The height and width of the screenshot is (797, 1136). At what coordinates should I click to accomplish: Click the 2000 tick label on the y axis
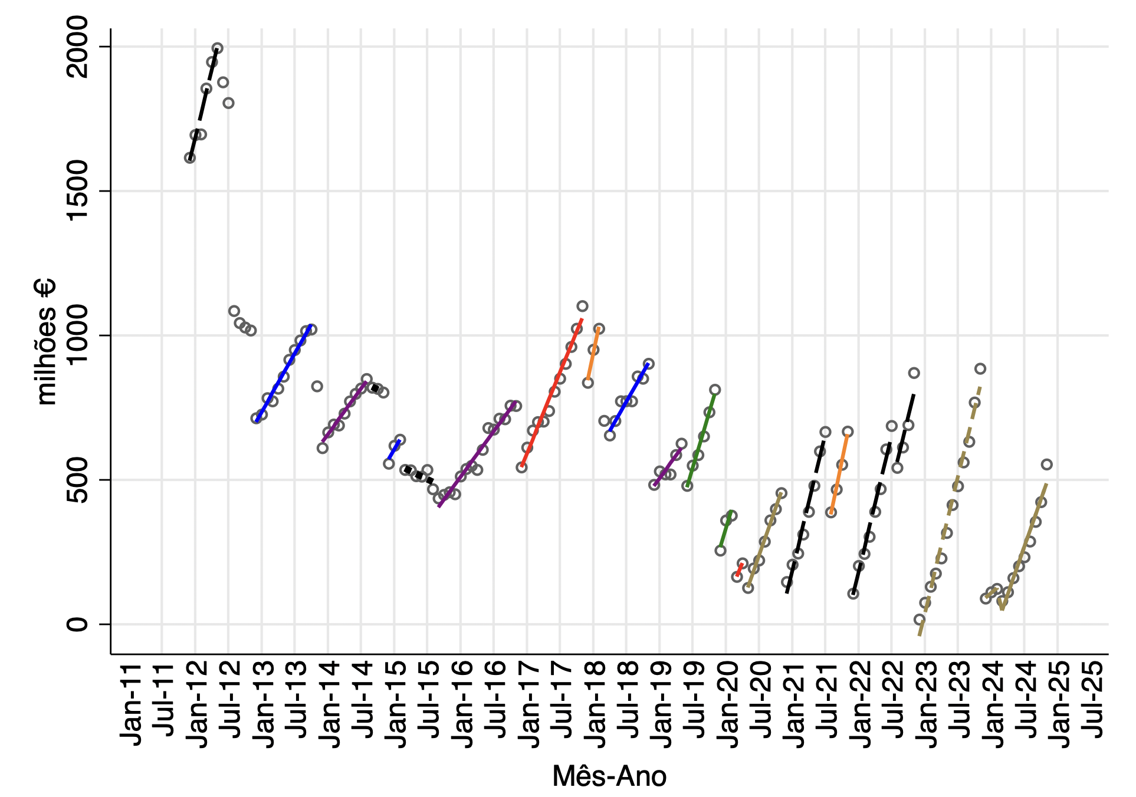(x=77, y=47)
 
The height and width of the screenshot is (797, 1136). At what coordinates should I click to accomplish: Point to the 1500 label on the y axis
(x=77, y=191)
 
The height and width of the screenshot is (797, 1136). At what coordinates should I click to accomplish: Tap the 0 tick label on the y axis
(x=77, y=624)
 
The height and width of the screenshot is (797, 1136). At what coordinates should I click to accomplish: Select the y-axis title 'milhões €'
(x=46, y=342)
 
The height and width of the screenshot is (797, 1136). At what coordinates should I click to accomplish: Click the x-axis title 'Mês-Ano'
(x=609, y=776)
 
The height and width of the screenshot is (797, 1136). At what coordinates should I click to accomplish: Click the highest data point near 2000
(x=218, y=48)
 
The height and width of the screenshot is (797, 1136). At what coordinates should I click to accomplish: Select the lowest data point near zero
(x=919, y=620)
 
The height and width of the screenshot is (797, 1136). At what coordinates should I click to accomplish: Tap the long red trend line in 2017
(x=551, y=392)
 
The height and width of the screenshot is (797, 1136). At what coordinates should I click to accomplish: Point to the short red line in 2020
(x=739, y=569)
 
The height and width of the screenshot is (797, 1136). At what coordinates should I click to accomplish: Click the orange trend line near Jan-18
(x=593, y=354)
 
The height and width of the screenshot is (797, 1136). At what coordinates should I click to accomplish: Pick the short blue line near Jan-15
(x=394, y=449)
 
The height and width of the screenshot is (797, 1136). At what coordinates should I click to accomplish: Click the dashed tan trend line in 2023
(x=950, y=510)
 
